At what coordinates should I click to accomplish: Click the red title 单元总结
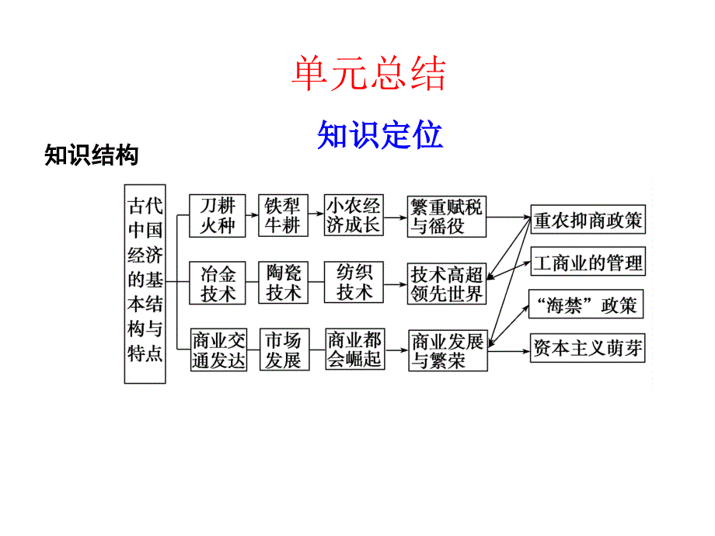[368, 75]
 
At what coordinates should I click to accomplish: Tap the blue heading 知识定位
[380, 135]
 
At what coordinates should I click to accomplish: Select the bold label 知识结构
[92, 156]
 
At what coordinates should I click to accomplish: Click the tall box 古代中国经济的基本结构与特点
[145, 284]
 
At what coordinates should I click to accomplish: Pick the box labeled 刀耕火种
[218, 215]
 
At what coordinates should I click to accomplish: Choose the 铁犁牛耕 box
[284, 215]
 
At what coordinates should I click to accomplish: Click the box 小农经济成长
[354, 215]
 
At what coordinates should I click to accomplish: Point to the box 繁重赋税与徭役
[447, 215]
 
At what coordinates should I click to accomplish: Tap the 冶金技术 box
[218, 283]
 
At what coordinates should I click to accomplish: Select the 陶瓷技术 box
[284, 283]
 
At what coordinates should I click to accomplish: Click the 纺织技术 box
[354, 283]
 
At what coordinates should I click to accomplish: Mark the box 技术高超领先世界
[447, 284]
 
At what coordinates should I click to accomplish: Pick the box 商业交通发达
[218, 350]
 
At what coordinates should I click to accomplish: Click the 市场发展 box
[284, 350]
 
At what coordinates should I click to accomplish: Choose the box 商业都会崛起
[354, 350]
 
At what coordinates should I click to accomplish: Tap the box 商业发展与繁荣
[447, 351]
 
